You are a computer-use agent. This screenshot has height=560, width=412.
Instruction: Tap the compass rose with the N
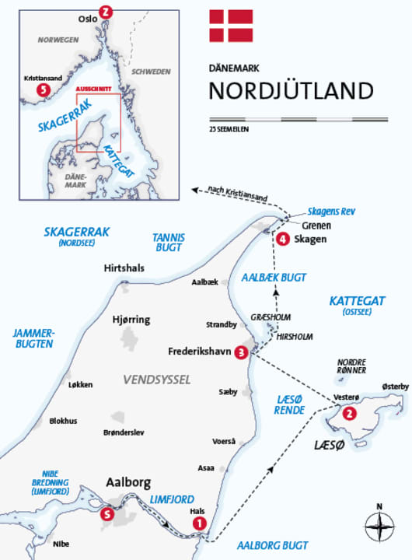(x=379, y=529)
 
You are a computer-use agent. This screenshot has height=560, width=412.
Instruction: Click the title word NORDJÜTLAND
(x=291, y=89)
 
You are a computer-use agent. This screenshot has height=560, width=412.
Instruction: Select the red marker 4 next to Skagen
(x=284, y=240)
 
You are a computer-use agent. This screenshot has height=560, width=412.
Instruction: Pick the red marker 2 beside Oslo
(x=106, y=12)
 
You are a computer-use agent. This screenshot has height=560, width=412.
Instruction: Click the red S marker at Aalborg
(x=106, y=513)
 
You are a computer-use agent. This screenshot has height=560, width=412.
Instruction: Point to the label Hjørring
(x=131, y=320)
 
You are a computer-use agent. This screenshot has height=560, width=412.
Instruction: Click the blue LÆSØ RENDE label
(x=289, y=404)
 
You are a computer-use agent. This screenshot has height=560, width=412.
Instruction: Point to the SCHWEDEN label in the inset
(x=150, y=71)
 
